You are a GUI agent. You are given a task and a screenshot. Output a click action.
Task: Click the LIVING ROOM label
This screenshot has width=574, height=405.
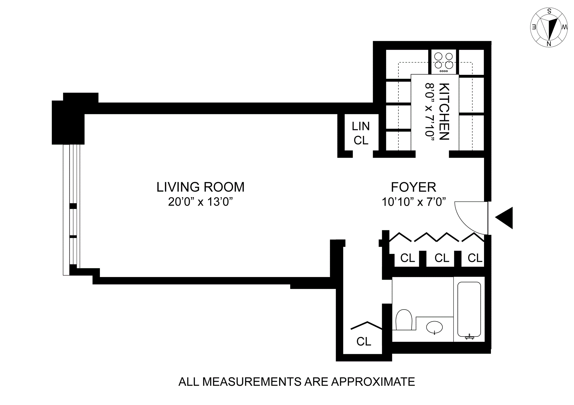click(200, 187)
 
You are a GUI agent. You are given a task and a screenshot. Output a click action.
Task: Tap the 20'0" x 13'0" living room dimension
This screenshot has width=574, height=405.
click(200, 202)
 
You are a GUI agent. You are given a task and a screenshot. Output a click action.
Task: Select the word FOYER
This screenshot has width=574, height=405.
click(413, 187)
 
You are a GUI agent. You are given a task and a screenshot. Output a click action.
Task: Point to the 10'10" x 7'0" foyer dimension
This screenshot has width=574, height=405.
click(414, 202)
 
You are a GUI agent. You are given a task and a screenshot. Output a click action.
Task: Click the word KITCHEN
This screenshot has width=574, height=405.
click(444, 112)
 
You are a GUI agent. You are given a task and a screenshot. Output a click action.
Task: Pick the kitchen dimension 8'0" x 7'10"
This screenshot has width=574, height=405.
click(429, 114)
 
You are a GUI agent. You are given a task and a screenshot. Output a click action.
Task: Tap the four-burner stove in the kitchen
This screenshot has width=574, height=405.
click(444, 62)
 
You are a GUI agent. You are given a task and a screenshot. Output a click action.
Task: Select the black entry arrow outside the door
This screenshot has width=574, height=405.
click(504, 218)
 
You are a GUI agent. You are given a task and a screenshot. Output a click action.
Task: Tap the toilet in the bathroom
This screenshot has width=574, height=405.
click(404, 319)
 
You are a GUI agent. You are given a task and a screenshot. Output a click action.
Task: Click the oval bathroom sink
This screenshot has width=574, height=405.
click(434, 328)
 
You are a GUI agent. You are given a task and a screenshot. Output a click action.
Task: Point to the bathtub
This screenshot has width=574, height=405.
click(469, 310)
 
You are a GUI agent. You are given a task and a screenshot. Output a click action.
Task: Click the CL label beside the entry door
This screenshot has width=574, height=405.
click(475, 258)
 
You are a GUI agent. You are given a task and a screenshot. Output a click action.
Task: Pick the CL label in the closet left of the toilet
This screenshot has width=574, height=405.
click(364, 342)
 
